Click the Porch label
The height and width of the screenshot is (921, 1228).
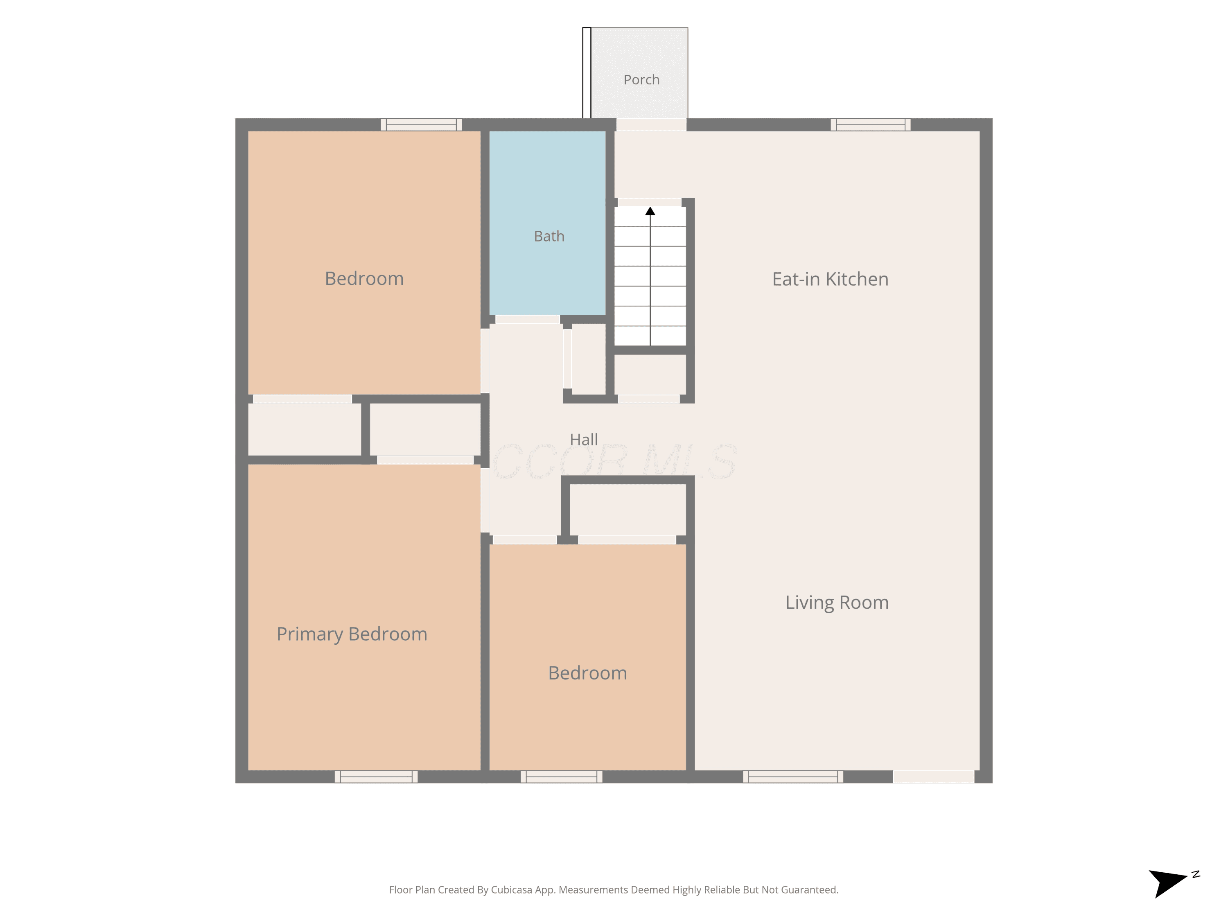tap(641, 80)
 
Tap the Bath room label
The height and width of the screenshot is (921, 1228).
tap(549, 237)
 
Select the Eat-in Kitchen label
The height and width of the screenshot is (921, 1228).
tap(830, 279)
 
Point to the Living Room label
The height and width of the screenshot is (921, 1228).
tap(837, 603)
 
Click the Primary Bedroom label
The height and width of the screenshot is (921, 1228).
tap(352, 634)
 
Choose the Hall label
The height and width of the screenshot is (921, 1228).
tap(583, 440)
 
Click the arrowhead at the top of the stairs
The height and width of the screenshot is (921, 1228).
tap(650, 211)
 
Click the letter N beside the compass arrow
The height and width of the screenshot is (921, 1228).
tap(1195, 874)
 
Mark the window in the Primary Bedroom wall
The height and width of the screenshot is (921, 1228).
tap(376, 777)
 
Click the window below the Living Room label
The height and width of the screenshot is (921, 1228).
tap(793, 777)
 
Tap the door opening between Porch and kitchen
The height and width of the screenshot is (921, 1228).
tap(651, 125)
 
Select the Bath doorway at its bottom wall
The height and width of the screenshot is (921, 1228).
tap(527, 319)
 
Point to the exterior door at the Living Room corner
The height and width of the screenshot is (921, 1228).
tap(933, 777)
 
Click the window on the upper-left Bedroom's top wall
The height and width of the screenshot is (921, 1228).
tap(421, 125)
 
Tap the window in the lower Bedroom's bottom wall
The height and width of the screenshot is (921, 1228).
tap(561, 777)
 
